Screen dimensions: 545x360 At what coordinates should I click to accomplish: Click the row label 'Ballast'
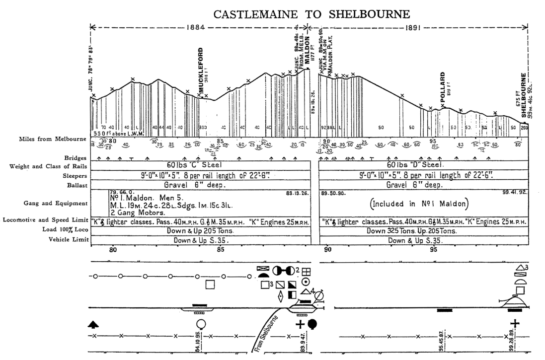(x=75, y=185)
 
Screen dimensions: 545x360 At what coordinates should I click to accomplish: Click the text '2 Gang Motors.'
(x=137, y=213)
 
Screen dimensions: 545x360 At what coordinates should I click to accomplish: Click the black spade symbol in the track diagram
(x=94, y=325)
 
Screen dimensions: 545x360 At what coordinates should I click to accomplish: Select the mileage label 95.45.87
(x=442, y=343)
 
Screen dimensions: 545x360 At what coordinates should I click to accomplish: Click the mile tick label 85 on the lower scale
(x=220, y=249)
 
